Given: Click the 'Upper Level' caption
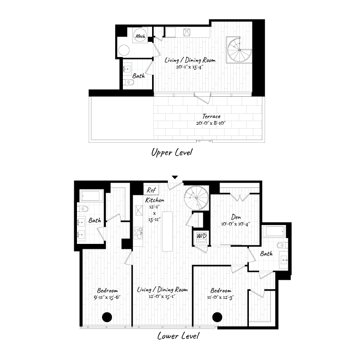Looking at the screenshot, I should [x=171, y=153].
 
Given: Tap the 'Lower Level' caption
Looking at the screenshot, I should [x=178, y=336].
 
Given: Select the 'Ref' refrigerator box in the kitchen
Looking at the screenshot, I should [x=150, y=189].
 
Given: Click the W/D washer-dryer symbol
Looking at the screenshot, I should [x=200, y=236].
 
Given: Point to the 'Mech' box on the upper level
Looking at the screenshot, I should [x=139, y=36].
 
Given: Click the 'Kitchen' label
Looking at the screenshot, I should [x=154, y=200].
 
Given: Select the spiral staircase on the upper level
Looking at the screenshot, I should [x=239, y=50].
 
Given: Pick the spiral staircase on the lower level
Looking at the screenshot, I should [x=198, y=198].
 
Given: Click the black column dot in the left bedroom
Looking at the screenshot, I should [x=107, y=317].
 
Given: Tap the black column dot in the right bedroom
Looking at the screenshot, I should [x=217, y=317].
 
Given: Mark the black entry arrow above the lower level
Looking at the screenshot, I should [x=175, y=177].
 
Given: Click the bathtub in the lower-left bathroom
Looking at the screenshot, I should [x=92, y=196].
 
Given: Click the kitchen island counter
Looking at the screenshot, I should [x=167, y=231].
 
